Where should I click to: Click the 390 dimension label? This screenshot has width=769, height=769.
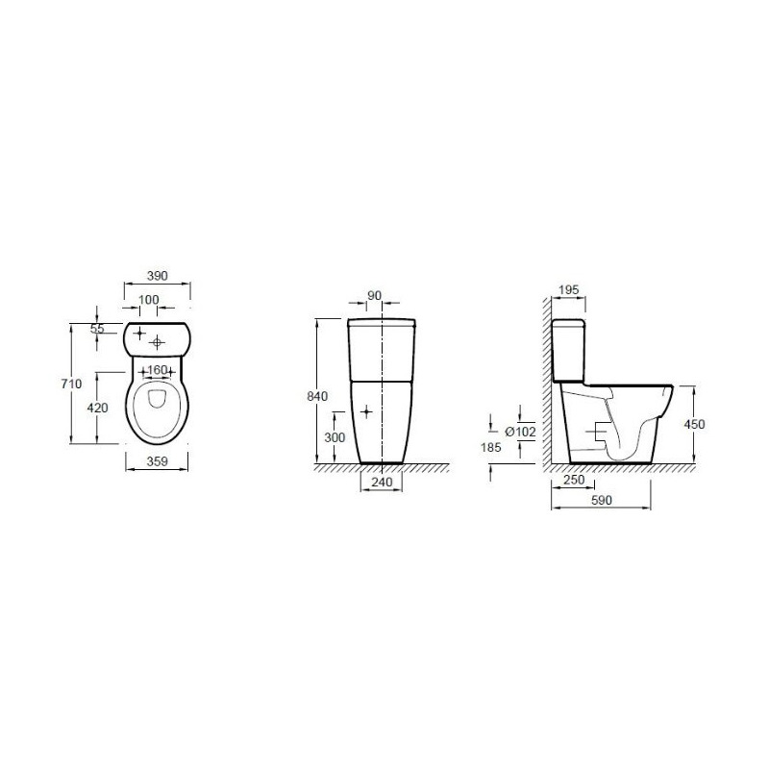157,276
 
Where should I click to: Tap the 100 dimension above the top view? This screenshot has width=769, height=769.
148,299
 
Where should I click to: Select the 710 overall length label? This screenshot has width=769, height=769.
71,384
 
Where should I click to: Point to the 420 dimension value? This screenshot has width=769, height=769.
97,408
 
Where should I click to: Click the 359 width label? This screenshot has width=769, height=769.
157,461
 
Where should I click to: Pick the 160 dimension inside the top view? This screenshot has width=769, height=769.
157,370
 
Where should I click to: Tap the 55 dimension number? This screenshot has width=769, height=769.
98,329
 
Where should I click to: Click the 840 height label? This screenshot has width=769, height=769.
317,396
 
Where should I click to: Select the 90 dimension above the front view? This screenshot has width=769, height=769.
374,296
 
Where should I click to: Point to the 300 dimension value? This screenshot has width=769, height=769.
335,437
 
